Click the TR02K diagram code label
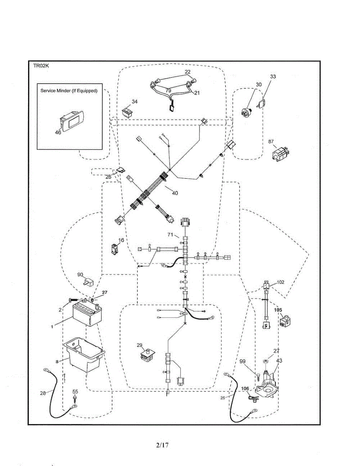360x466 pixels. coord(41,66)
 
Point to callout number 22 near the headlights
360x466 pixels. coord(188,72)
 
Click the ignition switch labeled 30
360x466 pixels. coord(247,111)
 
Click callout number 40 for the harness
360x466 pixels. coord(175,193)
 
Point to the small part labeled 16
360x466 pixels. coord(114,249)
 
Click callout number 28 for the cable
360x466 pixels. coord(43,393)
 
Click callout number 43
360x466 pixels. coord(279,361)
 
